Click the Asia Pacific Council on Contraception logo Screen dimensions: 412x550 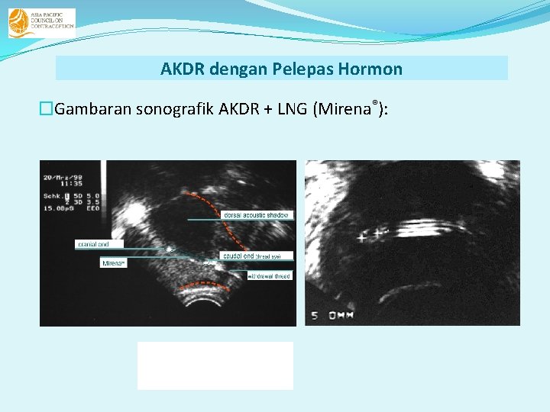(x=41, y=23)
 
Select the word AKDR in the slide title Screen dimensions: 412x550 (x=182, y=69)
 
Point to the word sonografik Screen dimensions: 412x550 (x=175, y=109)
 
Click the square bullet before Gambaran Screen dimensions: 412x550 (x=48, y=109)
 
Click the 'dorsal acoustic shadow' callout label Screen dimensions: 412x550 (x=256, y=216)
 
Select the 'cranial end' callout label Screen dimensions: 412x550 (x=93, y=245)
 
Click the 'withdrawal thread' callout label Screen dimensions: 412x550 (x=270, y=275)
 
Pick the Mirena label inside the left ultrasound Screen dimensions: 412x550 (x=114, y=263)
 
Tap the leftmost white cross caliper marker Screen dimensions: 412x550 (x=361, y=237)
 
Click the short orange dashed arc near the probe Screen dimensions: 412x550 (x=205, y=288)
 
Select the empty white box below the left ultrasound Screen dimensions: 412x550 (x=215, y=365)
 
